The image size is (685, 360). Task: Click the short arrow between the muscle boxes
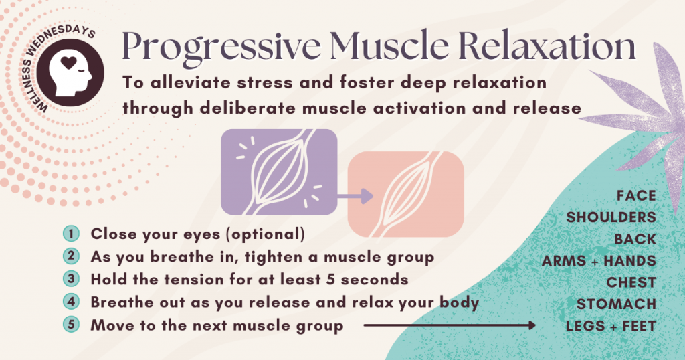(x=354, y=196)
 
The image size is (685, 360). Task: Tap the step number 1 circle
(x=71, y=234)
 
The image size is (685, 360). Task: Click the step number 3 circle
(x=71, y=280)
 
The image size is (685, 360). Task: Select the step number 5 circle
(x=71, y=325)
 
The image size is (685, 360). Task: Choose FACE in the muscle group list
(x=635, y=196)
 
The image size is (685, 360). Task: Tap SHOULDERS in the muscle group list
(x=611, y=217)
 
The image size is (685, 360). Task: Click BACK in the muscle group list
(x=635, y=239)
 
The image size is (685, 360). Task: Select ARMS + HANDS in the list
(x=599, y=261)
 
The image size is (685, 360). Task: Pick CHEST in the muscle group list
(x=631, y=282)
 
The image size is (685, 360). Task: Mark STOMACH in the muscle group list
(x=616, y=304)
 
